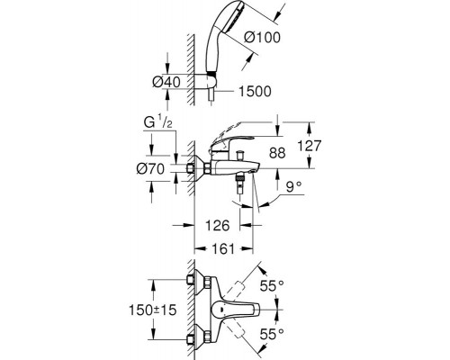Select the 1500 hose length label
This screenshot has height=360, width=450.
coord(257,91)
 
